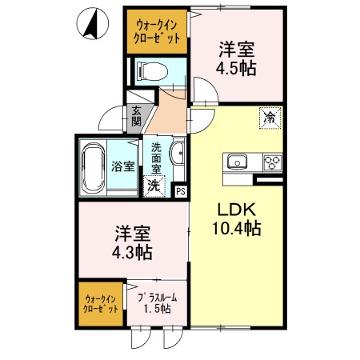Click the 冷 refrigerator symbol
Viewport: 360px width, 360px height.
tap(270, 118)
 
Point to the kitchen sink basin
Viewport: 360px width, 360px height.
tap(238, 162)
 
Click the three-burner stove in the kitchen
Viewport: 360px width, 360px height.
tap(271, 162)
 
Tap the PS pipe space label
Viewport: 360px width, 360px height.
tap(181, 190)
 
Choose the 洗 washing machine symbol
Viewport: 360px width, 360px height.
tap(154, 186)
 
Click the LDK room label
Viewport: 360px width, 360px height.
tap(237, 210)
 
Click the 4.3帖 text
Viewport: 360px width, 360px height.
tap(133, 253)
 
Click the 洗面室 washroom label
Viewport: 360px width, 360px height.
tap(157, 158)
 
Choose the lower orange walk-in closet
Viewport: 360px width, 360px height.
tap(101, 303)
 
